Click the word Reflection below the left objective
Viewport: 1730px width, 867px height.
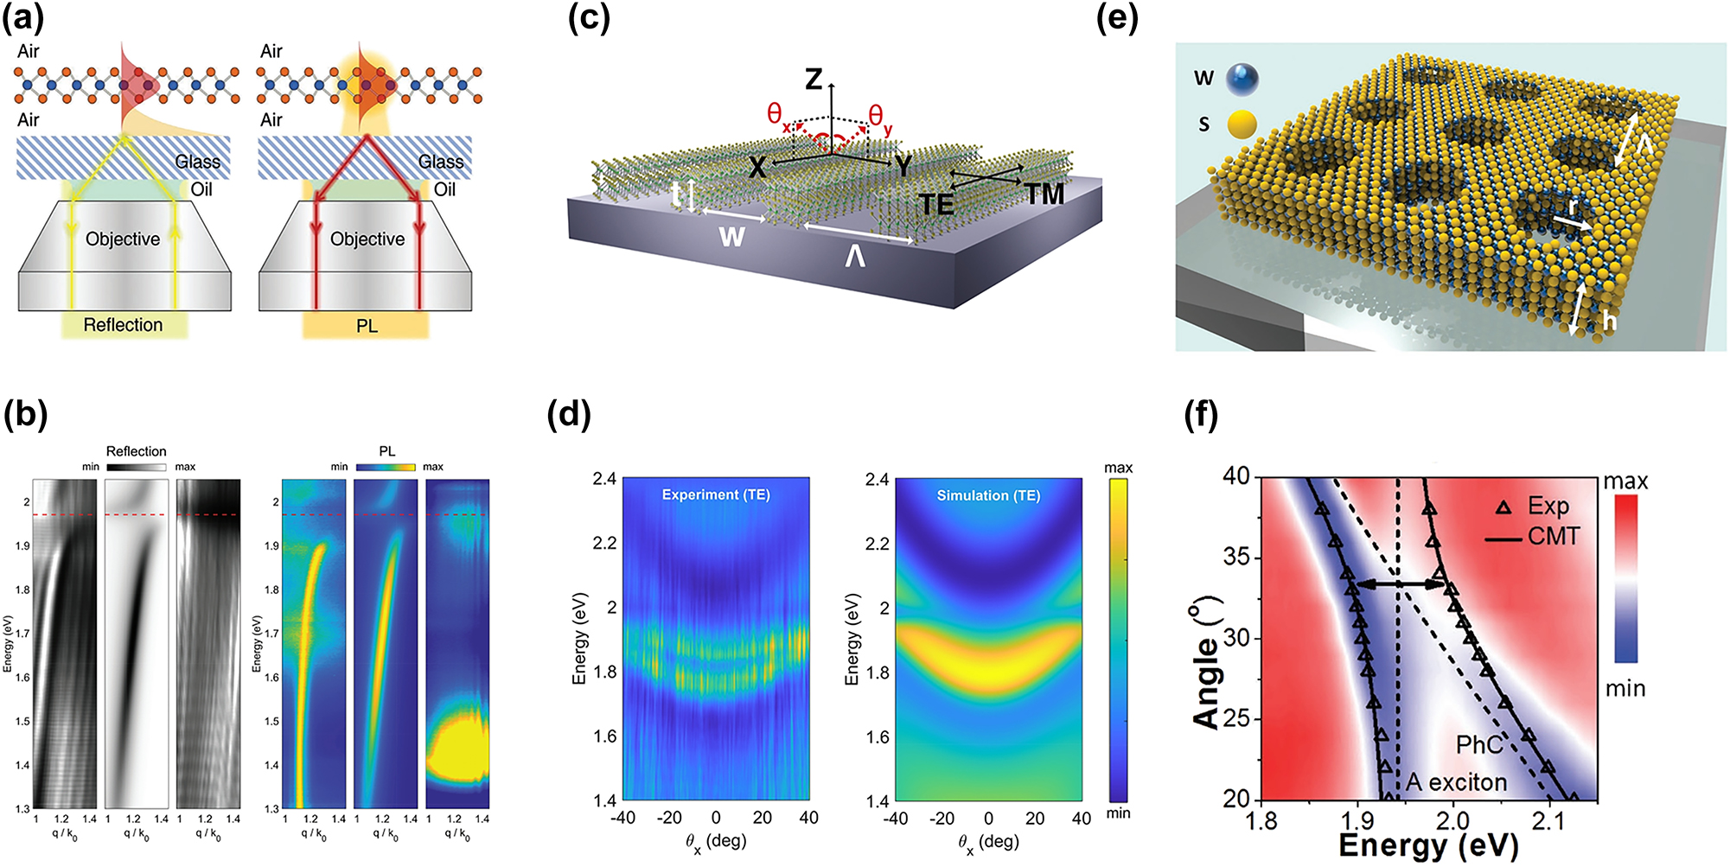click(123, 325)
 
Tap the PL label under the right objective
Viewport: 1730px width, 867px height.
click(367, 326)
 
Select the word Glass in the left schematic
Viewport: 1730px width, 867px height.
click(197, 162)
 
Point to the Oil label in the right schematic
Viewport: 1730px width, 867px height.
click(444, 189)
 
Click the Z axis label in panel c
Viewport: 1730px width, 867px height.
click(814, 80)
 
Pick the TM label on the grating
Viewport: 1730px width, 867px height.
click(1044, 194)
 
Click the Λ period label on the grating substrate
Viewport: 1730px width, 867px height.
click(854, 257)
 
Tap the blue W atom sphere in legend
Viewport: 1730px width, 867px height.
click(1242, 79)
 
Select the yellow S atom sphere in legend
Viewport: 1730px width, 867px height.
click(1242, 124)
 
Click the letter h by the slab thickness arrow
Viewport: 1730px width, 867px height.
click(1608, 322)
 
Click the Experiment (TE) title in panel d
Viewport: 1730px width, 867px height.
click(715, 494)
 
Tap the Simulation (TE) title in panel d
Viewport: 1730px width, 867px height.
click(988, 495)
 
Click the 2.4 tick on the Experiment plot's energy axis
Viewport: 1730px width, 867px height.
click(604, 479)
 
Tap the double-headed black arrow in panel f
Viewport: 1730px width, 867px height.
click(1401, 584)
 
